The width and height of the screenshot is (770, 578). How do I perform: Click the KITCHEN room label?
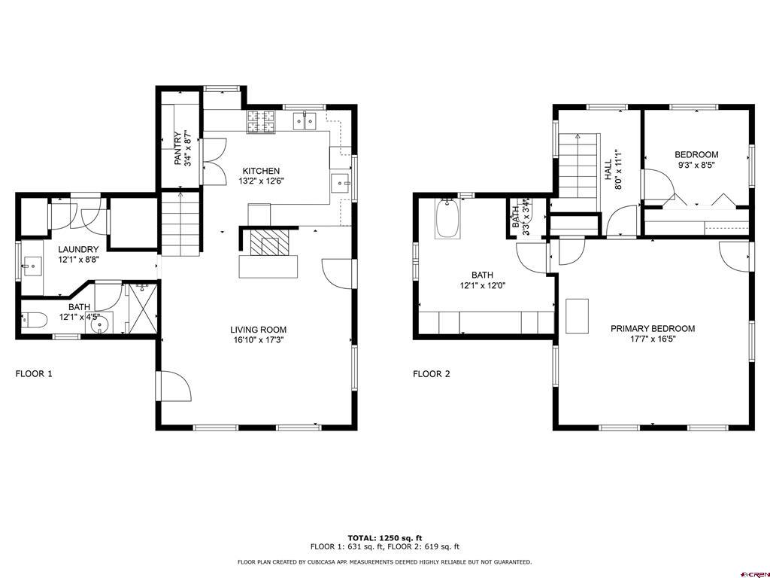coord(261,171)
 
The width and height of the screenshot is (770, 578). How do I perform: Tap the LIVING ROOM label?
coord(259,330)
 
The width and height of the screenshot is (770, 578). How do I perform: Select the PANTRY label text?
coord(177,148)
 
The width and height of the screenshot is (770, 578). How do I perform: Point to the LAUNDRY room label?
coord(78,250)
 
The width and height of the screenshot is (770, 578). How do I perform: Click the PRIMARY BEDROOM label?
coord(653,329)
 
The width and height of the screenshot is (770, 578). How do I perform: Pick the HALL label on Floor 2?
coord(608,169)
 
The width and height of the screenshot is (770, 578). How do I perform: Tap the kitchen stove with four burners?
coord(261,122)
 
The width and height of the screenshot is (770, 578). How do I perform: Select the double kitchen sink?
coord(305,121)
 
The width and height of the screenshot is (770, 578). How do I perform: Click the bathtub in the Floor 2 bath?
coord(447,219)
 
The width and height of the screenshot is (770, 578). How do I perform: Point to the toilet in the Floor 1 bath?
coord(34,321)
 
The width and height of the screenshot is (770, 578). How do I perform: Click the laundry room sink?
coord(32,267)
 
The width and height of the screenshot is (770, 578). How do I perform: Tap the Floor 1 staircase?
coord(181,224)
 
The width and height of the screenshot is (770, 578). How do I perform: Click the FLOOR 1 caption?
coord(34,374)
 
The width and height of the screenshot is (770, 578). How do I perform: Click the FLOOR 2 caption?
coord(431,374)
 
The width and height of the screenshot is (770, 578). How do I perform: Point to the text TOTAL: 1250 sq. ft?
coord(384,538)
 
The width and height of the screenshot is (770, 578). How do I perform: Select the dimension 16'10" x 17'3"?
coord(259,339)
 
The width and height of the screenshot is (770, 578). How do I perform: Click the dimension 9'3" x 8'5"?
coord(696,166)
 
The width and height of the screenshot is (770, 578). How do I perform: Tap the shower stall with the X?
coord(143,308)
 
